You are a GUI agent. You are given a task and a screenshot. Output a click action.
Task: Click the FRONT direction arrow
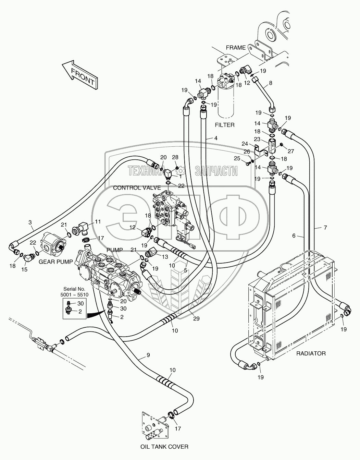[80, 75]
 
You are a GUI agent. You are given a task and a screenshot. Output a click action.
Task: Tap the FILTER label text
[224, 125]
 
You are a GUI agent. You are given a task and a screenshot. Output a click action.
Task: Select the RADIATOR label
[311, 353]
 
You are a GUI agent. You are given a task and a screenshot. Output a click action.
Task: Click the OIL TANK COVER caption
[164, 447]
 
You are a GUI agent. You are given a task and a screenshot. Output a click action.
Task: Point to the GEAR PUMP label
[55, 262]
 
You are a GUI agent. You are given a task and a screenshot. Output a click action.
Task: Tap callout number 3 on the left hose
[30, 222]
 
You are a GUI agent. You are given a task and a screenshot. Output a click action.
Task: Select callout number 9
[148, 355]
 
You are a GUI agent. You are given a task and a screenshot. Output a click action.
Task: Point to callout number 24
[254, 144]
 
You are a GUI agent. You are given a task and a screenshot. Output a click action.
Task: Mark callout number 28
[175, 157]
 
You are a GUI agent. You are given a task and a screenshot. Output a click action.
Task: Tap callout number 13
[165, 257]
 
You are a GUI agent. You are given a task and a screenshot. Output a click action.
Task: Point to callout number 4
[216, 138]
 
